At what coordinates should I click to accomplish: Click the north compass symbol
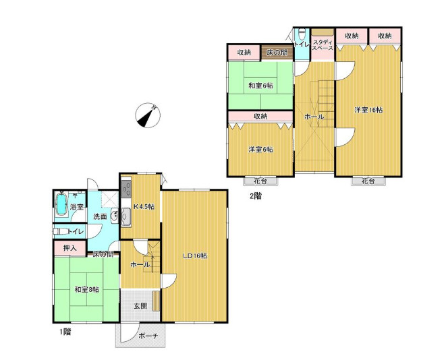click(148, 115)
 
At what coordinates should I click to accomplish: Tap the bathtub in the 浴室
click(61, 204)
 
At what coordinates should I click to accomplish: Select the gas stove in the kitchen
click(126, 189)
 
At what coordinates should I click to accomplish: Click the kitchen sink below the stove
click(126, 217)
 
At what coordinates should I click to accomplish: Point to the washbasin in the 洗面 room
click(114, 216)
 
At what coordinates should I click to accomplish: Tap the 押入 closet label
click(69, 248)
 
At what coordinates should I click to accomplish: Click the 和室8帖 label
click(87, 289)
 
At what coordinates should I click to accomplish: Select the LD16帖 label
click(195, 256)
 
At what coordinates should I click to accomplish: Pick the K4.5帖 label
click(144, 206)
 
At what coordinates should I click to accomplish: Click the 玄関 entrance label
click(140, 305)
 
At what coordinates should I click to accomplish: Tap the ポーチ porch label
click(148, 336)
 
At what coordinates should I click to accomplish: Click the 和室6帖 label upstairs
click(261, 85)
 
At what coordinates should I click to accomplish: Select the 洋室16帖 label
click(368, 110)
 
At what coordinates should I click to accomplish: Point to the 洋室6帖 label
click(261, 149)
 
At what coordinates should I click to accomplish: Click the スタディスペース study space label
click(323, 44)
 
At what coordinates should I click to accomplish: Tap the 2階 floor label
click(256, 196)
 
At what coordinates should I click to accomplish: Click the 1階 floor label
click(65, 332)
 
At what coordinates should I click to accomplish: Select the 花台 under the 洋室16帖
click(368, 181)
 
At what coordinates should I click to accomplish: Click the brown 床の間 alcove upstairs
click(277, 53)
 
